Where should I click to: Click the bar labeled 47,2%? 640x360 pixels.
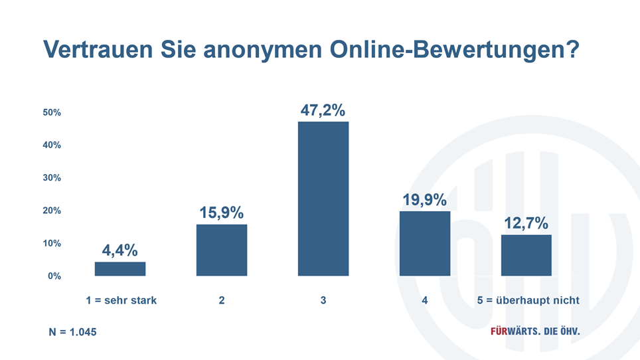click(323, 199)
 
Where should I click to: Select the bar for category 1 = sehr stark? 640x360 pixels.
click(120, 269)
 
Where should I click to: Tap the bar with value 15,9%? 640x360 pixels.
click(222, 250)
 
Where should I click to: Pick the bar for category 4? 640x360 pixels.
click(425, 243)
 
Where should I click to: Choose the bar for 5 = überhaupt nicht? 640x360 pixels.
click(526, 255)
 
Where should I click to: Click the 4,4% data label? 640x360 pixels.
click(120, 250)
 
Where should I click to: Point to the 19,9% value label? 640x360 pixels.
click(425, 200)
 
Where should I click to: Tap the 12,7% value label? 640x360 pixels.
click(526, 223)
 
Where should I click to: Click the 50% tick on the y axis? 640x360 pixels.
click(52, 113)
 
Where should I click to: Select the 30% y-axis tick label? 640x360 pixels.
click(52, 178)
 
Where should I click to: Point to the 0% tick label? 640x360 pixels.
click(54, 276)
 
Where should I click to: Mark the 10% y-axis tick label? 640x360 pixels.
click(52, 243)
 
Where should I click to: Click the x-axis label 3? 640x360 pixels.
click(323, 300)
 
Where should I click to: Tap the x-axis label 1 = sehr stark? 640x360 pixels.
click(121, 300)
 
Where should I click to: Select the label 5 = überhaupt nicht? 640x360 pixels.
click(528, 300)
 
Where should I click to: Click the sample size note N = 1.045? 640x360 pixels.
click(69, 331)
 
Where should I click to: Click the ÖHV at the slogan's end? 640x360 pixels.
click(566, 331)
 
